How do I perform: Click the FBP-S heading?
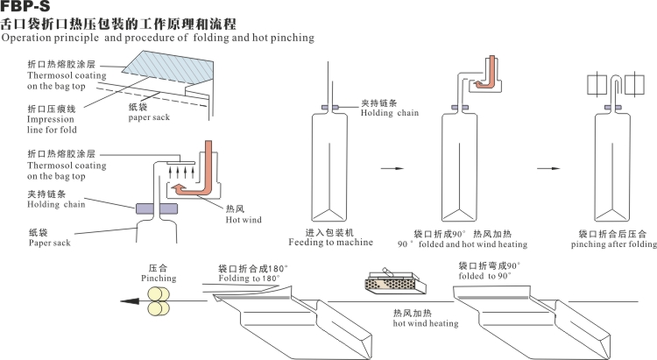coord(25,8)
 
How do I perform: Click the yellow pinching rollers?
coord(159,307)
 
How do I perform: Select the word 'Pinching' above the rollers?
coord(159,277)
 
